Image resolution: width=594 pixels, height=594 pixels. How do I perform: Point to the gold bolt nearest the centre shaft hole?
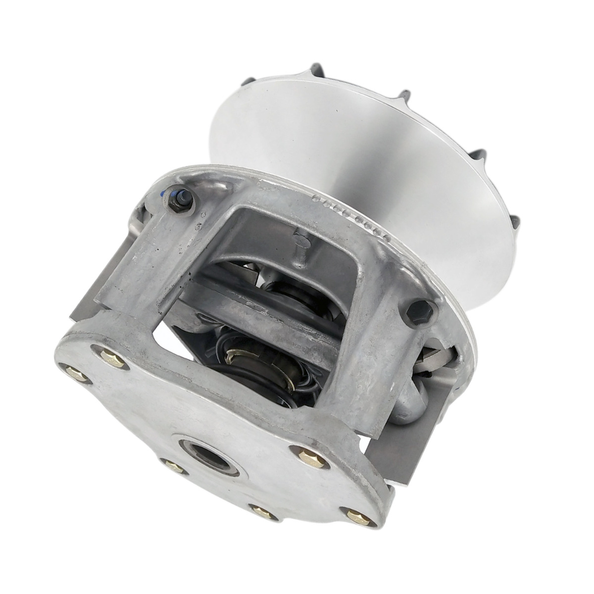click(x=172, y=465)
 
